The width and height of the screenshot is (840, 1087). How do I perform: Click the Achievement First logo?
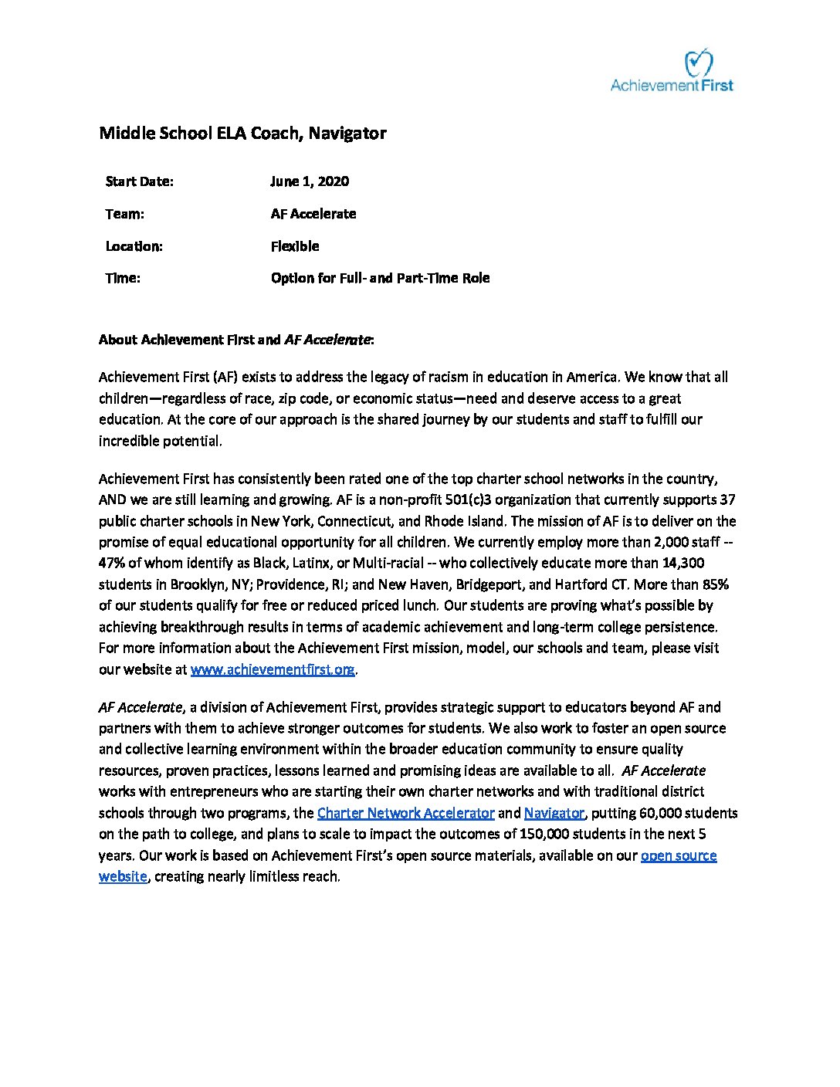click(672, 71)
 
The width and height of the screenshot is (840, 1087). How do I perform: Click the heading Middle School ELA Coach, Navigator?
click(242, 134)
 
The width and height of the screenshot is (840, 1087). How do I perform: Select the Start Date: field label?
click(139, 181)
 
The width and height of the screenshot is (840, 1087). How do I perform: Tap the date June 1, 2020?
click(310, 181)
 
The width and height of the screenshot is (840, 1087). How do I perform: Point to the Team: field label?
click(124, 214)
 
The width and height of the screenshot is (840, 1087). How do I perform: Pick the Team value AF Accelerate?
click(313, 214)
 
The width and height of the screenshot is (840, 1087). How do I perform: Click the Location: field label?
click(134, 246)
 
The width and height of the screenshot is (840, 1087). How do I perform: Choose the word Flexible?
click(295, 246)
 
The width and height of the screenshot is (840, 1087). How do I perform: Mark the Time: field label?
click(123, 278)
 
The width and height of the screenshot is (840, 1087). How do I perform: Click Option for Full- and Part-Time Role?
click(380, 278)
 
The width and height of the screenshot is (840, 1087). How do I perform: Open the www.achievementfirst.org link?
click(273, 669)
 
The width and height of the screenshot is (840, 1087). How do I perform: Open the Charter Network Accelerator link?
click(405, 813)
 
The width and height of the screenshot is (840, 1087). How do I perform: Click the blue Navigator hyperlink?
click(554, 813)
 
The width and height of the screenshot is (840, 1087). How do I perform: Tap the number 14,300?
click(683, 563)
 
